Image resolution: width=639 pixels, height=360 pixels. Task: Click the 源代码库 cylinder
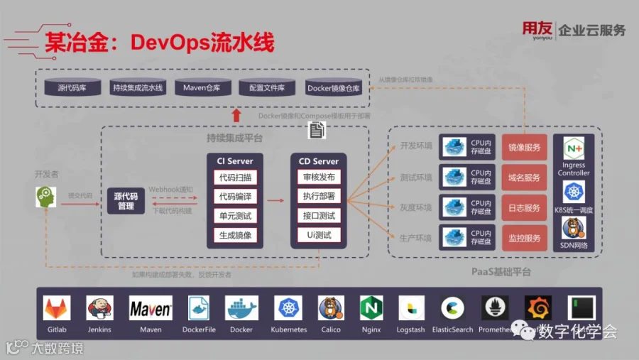72,88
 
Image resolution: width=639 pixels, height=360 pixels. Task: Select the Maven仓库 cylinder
202,88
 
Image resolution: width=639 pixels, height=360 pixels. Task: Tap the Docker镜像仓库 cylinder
333,88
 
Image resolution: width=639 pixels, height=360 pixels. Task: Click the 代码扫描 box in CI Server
235,178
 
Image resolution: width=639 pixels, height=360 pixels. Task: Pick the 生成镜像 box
235,235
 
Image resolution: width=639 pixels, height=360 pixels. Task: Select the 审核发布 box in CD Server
319,178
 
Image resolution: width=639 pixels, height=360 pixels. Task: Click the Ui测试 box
319,235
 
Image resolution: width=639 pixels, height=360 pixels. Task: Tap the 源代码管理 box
126,202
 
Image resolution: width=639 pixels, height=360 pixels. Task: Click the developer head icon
45,197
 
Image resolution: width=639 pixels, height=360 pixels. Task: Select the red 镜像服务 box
525,148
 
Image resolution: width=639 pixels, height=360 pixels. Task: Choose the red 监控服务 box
525,239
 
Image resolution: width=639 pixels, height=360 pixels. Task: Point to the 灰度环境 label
416,207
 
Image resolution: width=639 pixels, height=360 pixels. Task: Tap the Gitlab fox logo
57,308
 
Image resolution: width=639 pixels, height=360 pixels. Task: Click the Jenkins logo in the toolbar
100,308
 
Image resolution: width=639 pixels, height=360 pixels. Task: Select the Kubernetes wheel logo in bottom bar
288,308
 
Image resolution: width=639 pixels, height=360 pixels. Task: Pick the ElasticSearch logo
452,308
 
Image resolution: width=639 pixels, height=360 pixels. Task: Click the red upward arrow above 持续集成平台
236,116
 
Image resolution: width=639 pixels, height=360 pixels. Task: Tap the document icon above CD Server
317,130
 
